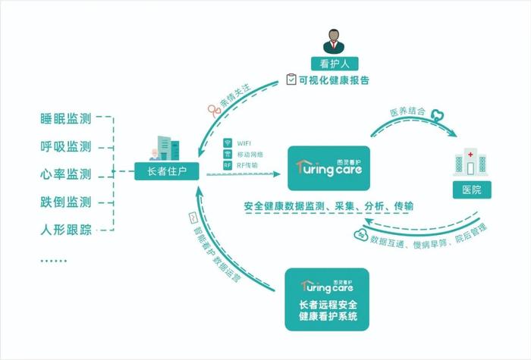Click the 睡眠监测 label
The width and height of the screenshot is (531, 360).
(x=66, y=119)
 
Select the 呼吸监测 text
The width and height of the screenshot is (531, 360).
(x=66, y=147)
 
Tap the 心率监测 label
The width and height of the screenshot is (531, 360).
(x=66, y=174)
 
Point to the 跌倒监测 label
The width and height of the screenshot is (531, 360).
(x=66, y=202)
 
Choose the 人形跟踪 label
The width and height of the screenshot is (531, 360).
(x=66, y=230)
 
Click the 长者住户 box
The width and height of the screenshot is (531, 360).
(x=167, y=171)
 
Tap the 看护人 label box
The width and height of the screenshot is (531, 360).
(x=335, y=64)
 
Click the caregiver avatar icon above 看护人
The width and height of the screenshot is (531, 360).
(x=334, y=41)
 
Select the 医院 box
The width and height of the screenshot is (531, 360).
(x=472, y=189)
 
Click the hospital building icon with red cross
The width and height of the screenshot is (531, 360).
(x=470, y=162)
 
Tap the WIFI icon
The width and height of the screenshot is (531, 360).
(x=228, y=142)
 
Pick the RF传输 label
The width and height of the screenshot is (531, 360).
(x=247, y=165)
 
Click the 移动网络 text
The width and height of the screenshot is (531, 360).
(x=250, y=155)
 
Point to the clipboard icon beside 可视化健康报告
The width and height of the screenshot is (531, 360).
(x=291, y=80)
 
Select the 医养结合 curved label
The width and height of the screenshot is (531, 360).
(x=407, y=111)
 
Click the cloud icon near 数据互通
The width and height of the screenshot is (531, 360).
(x=361, y=235)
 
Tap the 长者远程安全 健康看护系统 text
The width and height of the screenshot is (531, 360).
(x=328, y=311)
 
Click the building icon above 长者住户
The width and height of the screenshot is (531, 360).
(x=165, y=149)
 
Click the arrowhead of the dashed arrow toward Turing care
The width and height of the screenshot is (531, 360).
(x=277, y=174)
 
